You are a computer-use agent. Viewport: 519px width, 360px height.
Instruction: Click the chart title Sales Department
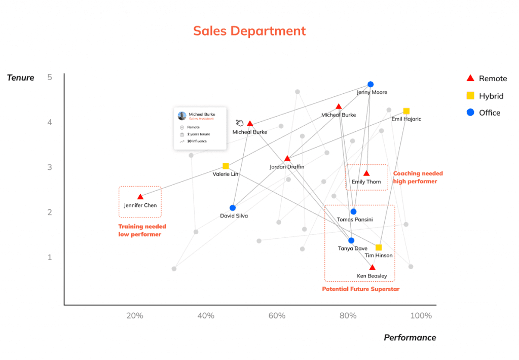[249, 31]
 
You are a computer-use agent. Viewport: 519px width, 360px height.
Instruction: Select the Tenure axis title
[21, 78]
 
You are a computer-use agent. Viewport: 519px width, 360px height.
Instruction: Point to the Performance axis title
[410, 338]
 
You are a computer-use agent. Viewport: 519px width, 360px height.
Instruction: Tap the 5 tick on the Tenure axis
[50, 78]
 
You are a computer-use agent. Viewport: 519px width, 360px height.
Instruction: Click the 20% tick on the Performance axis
[134, 316]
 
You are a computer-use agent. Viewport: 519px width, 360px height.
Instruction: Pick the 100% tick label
[421, 316]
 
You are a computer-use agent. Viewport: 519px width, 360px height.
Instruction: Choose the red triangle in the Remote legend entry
[470, 78]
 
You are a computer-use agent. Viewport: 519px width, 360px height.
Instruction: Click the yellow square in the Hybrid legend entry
[470, 95]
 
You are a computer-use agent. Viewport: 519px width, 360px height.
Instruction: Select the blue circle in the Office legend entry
[470, 113]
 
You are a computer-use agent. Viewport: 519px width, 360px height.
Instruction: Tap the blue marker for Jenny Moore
[370, 84]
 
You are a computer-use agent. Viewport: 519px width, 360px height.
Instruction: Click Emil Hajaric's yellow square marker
[406, 111]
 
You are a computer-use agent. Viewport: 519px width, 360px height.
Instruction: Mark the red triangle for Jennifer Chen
[140, 197]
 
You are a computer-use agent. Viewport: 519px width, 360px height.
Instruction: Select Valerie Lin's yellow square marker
[226, 166]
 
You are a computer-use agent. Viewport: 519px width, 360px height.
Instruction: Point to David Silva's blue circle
[233, 208]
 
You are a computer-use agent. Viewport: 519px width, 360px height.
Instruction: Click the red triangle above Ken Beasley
[372, 268]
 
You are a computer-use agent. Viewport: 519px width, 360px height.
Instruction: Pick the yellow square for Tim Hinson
[379, 247]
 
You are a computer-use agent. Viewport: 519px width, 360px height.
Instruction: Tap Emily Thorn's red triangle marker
[366, 173]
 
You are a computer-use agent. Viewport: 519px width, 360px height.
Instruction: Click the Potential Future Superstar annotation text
[361, 289]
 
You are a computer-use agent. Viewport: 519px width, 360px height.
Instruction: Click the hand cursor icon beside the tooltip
[240, 123]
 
